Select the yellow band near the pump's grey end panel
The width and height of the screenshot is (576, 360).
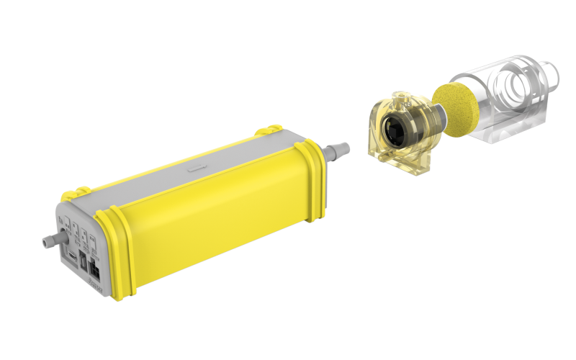116,252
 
